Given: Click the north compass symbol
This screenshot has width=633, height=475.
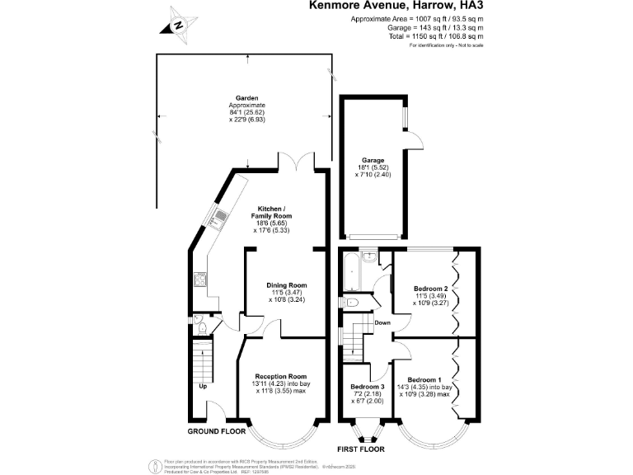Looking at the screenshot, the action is tap(178, 24).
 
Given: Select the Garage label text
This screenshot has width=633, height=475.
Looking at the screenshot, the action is tap(373, 161).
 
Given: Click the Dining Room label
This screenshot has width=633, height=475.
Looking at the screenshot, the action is tap(286, 285).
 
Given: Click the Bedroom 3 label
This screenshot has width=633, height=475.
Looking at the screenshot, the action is tap(368, 387).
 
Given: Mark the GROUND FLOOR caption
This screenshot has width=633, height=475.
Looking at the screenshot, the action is tap(217, 431).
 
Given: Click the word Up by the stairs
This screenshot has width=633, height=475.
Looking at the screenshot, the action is tap(202, 386).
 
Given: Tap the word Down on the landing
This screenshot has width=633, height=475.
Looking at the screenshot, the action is tap(382, 322).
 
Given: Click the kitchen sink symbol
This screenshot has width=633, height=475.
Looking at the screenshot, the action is tap(221, 219).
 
